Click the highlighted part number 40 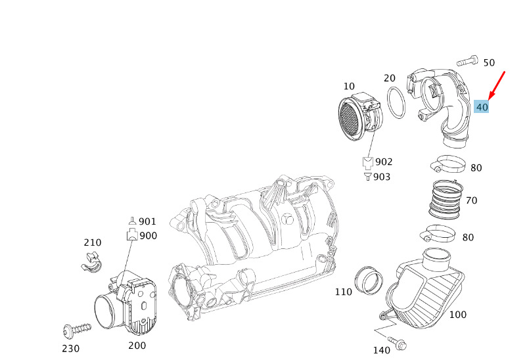pyautogui.click(x=482, y=107)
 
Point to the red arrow pyautogui.click(x=496, y=85)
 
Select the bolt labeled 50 pyautogui.click(x=467, y=60)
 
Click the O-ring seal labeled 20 pyautogui.click(x=396, y=102)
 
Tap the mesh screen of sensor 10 pyautogui.click(x=349, y=118)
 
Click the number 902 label pyautogui.click(x=384, y=162)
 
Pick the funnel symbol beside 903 pyautogui.click(x=369, y=177)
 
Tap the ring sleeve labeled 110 pyautogui.click(x=369, y=280)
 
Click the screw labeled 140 pyautogui.click(x=398, y=343)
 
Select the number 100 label pyautogui.click(x=458, y=315)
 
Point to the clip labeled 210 pyautogui.click(x=91, y=262)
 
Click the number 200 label pyautogui.click(x=137, y=346)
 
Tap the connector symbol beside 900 pyautogui.click(x=132, y=235)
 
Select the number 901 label pyautogui.click(x=147, y=221)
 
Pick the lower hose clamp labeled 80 pyautogui.click(x=437, y=233)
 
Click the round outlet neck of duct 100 pyautogui.click(x=436, y=259)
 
